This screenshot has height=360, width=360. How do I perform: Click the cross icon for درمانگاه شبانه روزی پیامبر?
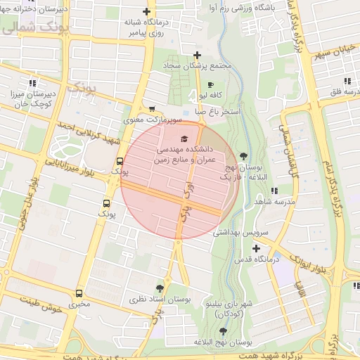pos(146,11)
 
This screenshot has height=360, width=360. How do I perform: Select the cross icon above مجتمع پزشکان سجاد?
pos(198,55)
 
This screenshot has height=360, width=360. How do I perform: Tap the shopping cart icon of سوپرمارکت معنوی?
pos(152,109)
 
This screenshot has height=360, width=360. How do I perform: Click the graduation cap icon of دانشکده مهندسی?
pos(184,139)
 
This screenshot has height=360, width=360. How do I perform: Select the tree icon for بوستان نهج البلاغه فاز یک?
pos(243,155)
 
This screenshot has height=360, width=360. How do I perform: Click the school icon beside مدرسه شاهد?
pos(274,190)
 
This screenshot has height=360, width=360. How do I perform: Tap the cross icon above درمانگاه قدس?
pos(256,248)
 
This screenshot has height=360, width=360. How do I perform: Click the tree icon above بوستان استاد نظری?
pos(160,288)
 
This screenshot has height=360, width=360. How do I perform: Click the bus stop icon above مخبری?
pos(79,292)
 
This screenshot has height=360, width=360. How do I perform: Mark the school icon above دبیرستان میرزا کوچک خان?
pos(15,92)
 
